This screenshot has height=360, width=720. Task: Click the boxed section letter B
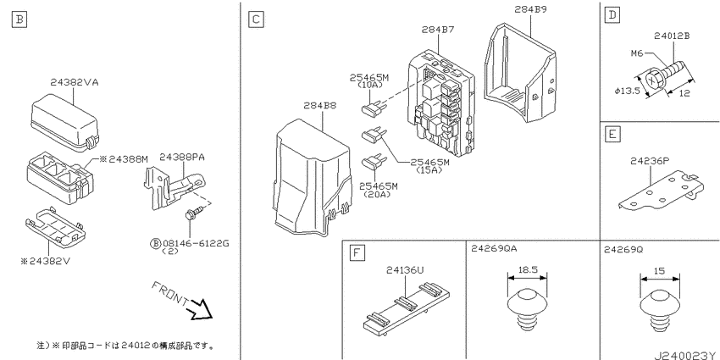click(19, 19)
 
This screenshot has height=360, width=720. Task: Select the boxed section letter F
click(357, 252)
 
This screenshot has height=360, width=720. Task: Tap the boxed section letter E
click(612, 135)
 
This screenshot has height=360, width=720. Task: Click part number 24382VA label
click(75, 83)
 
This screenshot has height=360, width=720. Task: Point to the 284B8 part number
click(319, 106)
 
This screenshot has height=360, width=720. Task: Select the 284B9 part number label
click(530, 8)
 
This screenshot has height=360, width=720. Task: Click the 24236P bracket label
click(650, 161)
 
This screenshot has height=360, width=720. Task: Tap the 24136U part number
click(405, 270)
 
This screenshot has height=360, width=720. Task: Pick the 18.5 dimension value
click(528, 270)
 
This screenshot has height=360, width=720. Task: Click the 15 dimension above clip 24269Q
click(659, 271)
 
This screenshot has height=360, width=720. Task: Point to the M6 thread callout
click(636, 54)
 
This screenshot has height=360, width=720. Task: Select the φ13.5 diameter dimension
click(627, 91)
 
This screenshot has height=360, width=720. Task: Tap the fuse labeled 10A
click(372, 108)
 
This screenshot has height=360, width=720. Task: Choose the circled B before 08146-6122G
click(155, 243)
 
